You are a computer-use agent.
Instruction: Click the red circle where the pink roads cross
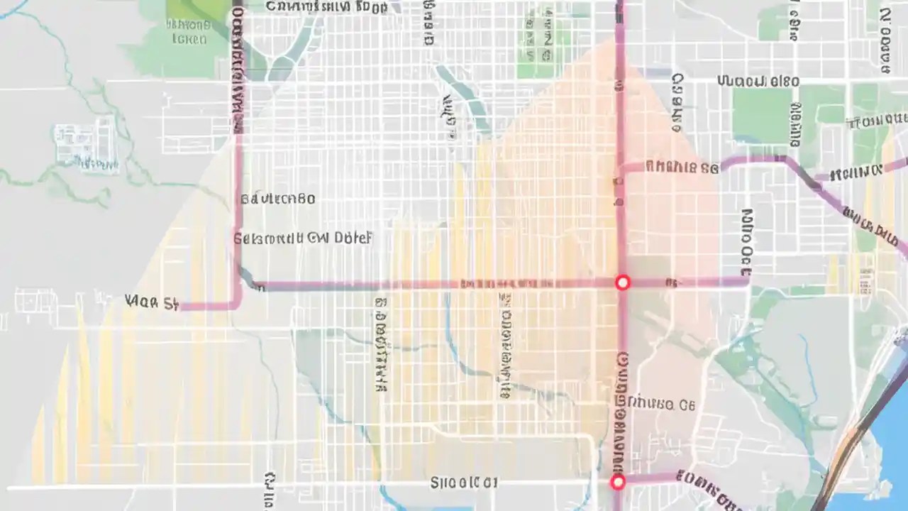[622, 282]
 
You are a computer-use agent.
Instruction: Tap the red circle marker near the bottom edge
[618, 482]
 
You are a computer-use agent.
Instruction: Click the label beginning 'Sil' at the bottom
[463, 483]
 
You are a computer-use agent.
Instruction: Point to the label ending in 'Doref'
[302, 238]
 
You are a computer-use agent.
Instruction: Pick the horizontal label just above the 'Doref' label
[277, 199]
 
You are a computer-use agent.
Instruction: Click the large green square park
[762, 116]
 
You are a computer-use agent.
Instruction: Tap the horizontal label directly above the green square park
[758, 81]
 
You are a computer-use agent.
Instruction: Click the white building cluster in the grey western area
[86, 145]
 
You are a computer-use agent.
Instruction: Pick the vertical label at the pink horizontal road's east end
[746, 241]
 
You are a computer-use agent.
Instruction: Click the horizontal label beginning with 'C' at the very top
[326, 7]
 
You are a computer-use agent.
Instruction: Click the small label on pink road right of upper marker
[670, 282]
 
